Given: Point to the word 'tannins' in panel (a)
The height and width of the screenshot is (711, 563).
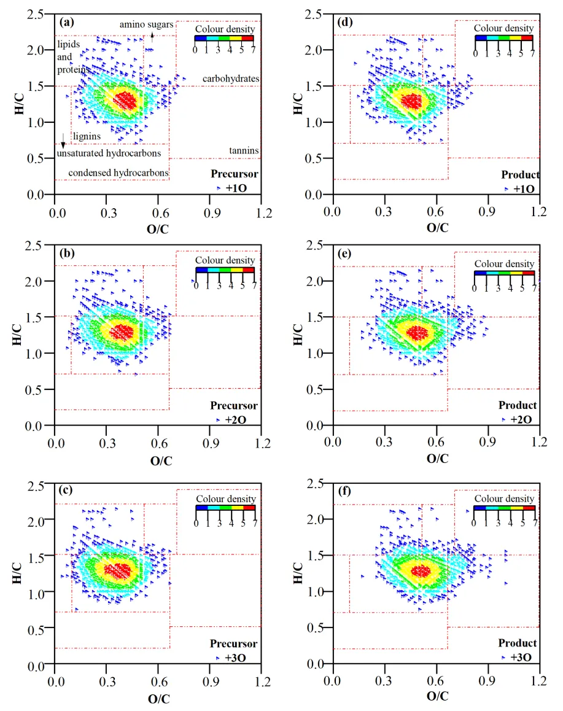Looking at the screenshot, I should point(244,150).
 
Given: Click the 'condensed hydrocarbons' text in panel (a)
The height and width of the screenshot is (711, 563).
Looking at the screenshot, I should point(118,173).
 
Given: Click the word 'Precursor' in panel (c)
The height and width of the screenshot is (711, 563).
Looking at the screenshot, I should point(233,644).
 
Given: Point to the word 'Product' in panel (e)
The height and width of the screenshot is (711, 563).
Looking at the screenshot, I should point(517,406).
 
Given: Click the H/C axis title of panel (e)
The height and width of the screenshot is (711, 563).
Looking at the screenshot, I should point(299,335).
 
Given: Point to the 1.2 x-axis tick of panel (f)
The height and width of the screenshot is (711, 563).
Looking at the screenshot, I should point(539,681).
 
